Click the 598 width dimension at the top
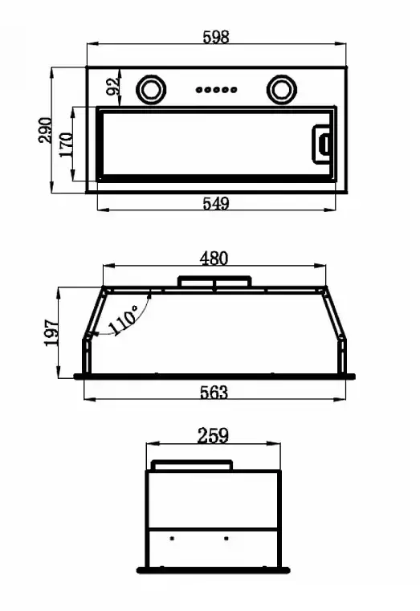point(216,37)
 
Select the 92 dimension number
point(112,86)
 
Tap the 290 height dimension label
point(45,130)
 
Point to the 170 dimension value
point(66,145)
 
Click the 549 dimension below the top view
point(216,203)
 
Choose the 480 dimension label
point(214,259)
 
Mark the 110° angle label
point(123,320)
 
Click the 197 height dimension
point(51,332)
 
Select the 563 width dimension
point(214,393)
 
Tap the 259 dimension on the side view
point(213,436)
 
